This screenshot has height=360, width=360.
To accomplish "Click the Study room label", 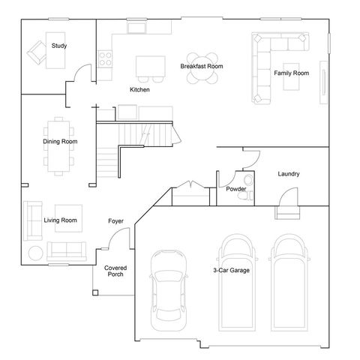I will click(x=58, y=46).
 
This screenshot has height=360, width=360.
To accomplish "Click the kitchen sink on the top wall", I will click(x=137, y=28).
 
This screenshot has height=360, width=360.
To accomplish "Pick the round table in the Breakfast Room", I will click(x=202, y=66).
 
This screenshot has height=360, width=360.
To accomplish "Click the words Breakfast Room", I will click(x=202, y=66).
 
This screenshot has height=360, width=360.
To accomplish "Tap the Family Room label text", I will click(x=291, y=73).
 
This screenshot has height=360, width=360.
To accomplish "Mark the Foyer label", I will click(x=115, y=221).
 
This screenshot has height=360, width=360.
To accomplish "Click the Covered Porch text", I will click(x=115, y=271).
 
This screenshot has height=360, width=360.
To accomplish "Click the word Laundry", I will click(x=289, y=174).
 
